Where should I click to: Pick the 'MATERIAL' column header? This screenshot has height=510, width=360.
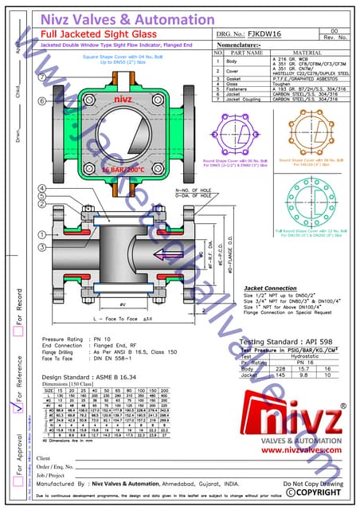tap(306, 53)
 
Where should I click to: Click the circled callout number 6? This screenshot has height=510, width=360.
tap(41, 100)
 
